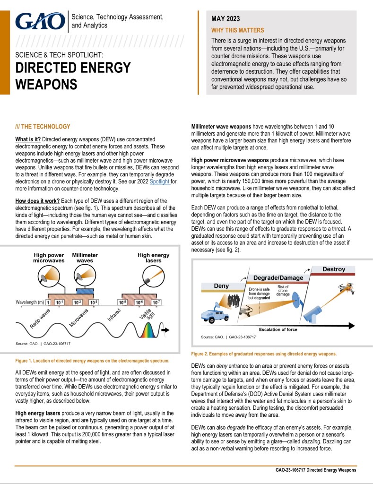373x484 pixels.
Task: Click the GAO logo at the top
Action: point(40,21)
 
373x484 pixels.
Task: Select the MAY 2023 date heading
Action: point(226,19)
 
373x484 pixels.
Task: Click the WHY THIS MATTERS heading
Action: point(234,30)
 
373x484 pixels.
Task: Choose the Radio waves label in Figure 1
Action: point(40,320)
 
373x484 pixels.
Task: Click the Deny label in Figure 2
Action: point(221,286)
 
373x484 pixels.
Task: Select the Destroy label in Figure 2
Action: point(334,269)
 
